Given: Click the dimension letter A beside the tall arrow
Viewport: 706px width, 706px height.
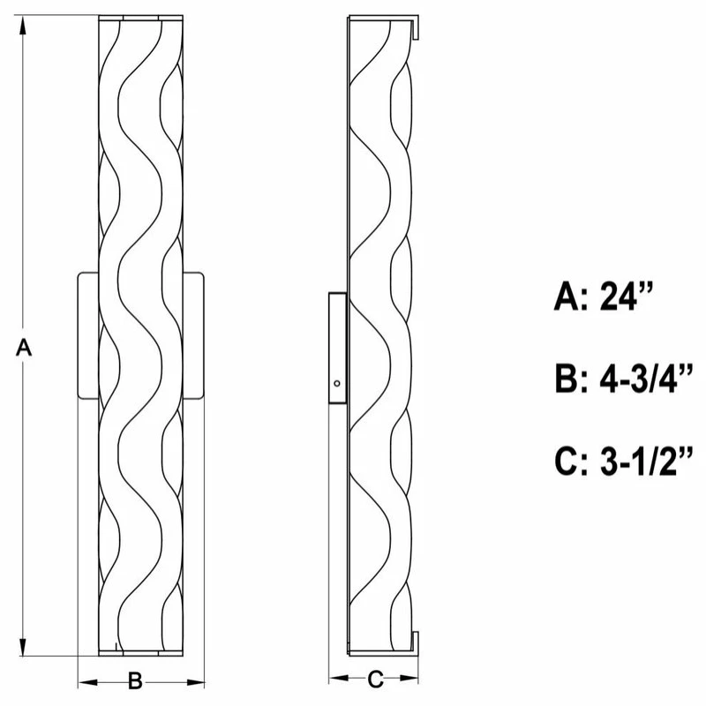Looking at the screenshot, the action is pyautogui.click(x=24, y=348).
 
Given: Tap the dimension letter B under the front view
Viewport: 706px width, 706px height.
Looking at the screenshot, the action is pyautogui.click(x=135, y=680).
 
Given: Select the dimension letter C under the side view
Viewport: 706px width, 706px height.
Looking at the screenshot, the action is pyautogui.click(x=375, y=680).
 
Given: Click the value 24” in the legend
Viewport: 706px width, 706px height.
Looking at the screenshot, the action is pyautogui.click(x=626, y=296).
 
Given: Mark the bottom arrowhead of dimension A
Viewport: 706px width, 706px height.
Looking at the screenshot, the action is pyautogui.click(x=23, y=645).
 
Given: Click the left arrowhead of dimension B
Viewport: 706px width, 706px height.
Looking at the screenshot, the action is pyautogui.click(x=88, y=682).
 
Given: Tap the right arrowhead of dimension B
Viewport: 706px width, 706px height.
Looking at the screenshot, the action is pyautogui.click(x=194, y=682).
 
